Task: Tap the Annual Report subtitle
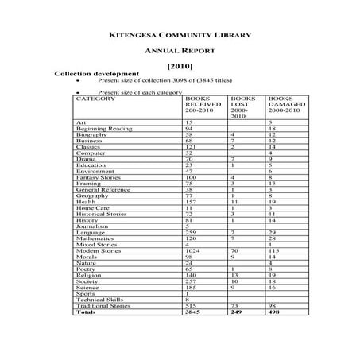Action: (179, 50)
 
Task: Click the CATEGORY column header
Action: (95, 98)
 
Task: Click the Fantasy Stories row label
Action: (99, 176)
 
